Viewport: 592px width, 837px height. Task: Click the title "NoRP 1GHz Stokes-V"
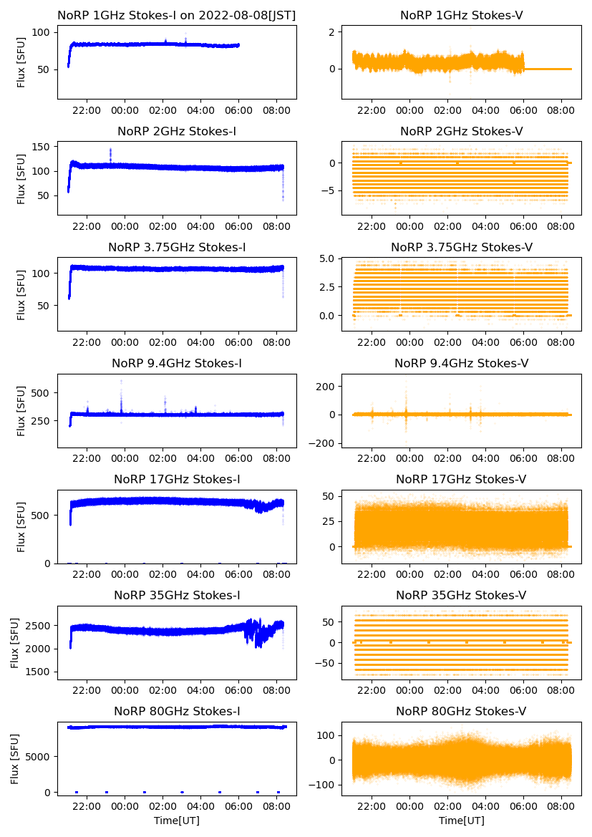click(x=461, y=15)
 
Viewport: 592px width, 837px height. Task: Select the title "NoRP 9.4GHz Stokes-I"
click(x=177, y=363)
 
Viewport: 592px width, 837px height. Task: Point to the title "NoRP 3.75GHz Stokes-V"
click(x=461, y=247)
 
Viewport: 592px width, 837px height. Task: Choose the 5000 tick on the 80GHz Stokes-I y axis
click(x=39, y=756)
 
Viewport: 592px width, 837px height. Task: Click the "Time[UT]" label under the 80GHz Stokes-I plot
click(x=177, y=820)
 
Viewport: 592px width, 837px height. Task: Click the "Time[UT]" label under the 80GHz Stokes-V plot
click(x=461, y=820)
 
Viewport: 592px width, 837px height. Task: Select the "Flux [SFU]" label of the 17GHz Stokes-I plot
click(x=21, y=527)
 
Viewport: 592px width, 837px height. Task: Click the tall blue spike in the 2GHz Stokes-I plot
click(x=110, y=154)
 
